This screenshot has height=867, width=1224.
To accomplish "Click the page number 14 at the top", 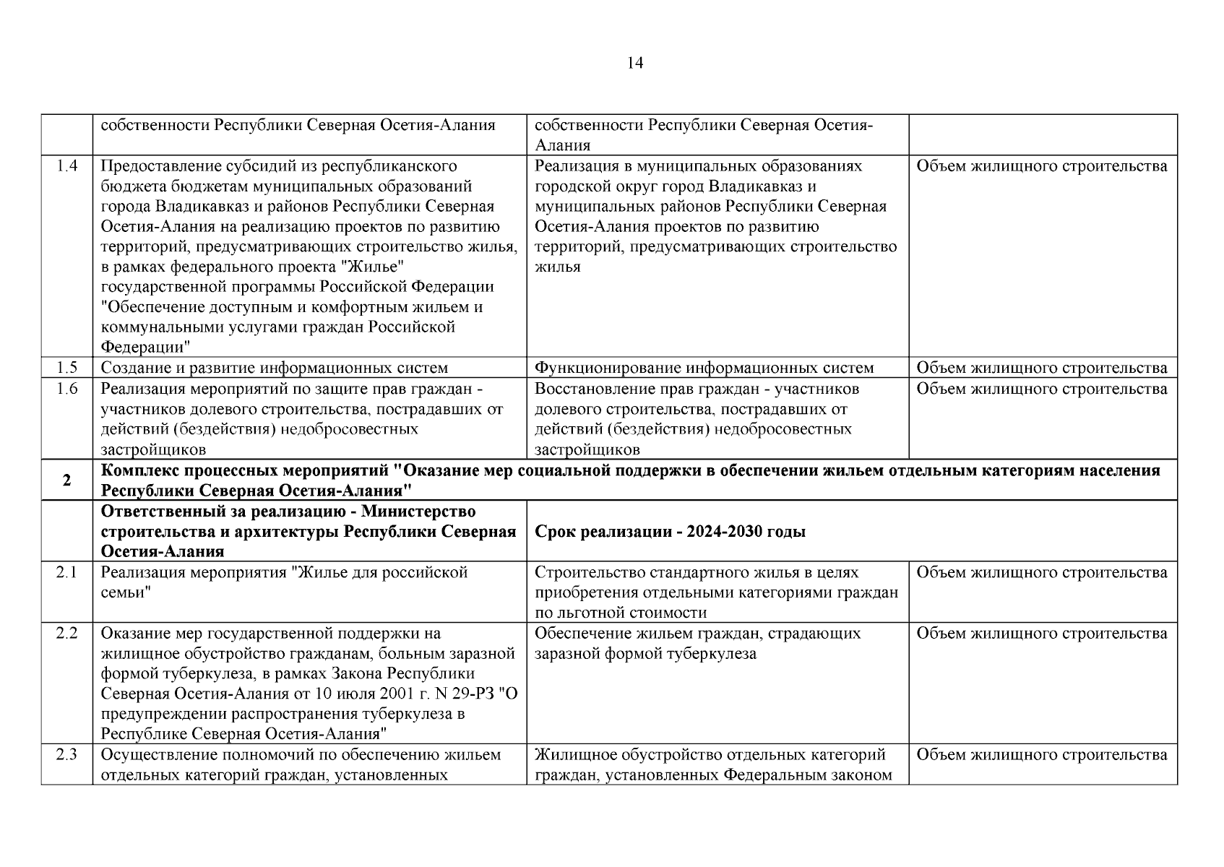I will click(635, 63).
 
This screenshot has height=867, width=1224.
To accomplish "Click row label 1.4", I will click(67, 166).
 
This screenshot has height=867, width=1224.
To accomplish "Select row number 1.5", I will click(67, 368).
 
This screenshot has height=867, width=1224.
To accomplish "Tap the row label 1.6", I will click(67, 389).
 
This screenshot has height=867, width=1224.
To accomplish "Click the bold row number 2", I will click(67, 480).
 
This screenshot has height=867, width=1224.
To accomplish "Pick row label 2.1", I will click(67, 572).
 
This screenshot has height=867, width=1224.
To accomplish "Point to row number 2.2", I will click(67, 633).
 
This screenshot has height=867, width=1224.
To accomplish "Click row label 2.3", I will click(67, 755).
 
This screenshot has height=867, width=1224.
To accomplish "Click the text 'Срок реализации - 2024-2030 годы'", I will click(670, 532).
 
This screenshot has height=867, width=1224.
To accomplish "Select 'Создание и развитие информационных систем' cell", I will click(274, 368).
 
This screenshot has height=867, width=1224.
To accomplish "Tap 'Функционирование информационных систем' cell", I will click(704, 368).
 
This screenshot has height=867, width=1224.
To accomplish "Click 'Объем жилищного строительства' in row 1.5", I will click(1041, 368).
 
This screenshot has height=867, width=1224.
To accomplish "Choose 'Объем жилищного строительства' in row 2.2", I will click(1041, 633).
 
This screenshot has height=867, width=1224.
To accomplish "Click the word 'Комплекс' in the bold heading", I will click(137, 471).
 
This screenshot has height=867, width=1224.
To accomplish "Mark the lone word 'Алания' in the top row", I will click(562, 145).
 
